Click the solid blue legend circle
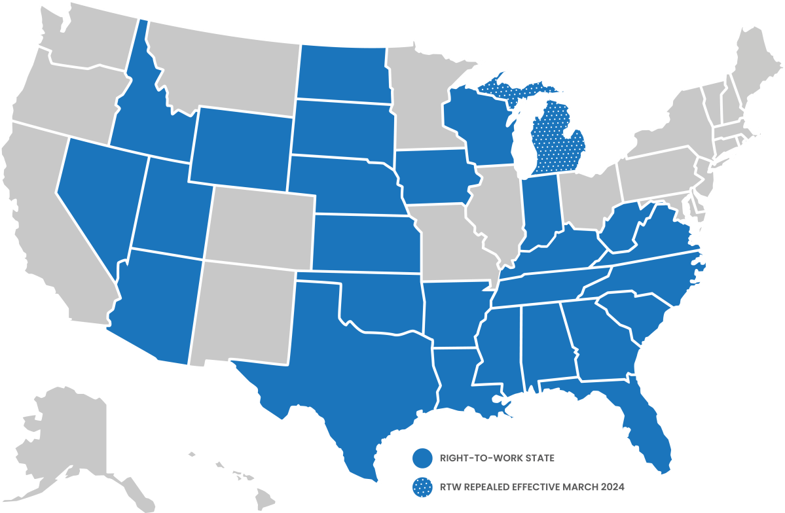click(423, 458)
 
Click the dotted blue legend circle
click(423, 487)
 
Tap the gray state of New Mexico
click(242, 311)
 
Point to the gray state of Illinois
click(501, 209)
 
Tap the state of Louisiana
click(458, 376)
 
